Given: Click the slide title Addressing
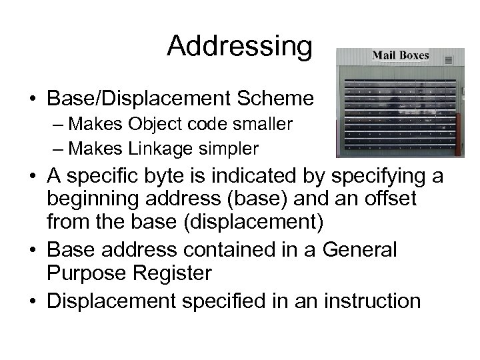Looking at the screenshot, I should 239,46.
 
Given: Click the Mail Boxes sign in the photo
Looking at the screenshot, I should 400,55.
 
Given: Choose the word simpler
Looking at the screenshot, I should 232,146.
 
